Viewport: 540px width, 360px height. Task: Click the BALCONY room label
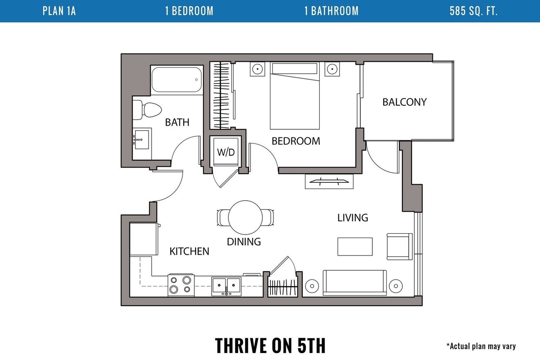pyautogui.click(x=405, y=102)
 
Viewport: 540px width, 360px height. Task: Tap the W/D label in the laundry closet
pyautogui.click(x=226, y=152)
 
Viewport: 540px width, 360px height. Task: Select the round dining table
pyautogui.click(x=245, y=217)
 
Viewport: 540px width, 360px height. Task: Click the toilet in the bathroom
pyautogui.click(x=147, y=110)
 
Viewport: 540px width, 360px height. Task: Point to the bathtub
pyautogui.click(x=177, y=80)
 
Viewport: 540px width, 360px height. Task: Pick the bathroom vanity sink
pyautogui.click(x=141, y=140)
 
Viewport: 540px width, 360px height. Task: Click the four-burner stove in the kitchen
pyautogui.click(x=181, y=285)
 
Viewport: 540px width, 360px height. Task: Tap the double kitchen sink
pyautogui.click(x=226, y=286)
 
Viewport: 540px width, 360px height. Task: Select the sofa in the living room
pyautogui.click(x=354, y=283)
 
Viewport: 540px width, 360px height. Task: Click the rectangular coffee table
pyautogui.click(x=355, y=246)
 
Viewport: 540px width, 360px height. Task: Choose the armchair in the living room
pyautogui.click(x=399, y=246)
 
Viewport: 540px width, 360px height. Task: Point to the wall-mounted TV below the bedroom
pyautogui.click(x=329, y=181)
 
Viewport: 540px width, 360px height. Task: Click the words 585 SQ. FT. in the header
pyautogui.click(x=473, y=11)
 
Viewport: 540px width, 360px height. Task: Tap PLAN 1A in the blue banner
pyautogui.click(x=59, y=11)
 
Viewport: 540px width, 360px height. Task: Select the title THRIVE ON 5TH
pyautogui.click(x=270, y=345)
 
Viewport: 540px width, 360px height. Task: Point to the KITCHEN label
pyautogui.click(x=189, y=251)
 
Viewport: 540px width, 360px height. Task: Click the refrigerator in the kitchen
pyautogui.click(x=144, y=239)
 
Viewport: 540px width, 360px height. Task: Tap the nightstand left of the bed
pyautogui.click(x=257, y=69)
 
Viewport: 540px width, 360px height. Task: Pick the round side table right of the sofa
pyautogui.click(x=395, y=286)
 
